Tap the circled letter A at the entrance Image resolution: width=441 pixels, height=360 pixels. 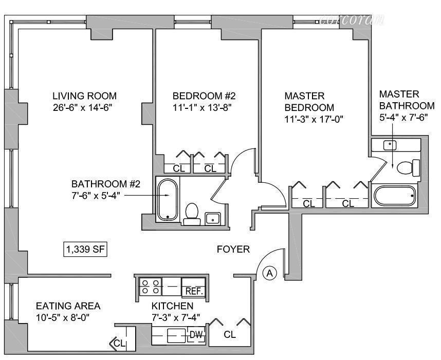click(270, 274)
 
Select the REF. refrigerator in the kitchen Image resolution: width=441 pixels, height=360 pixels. click(194, 290)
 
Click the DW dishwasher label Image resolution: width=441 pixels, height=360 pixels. click(196, 335)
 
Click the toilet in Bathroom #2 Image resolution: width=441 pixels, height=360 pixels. click(192, 214)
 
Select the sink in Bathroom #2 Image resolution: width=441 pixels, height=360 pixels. click(213, 219)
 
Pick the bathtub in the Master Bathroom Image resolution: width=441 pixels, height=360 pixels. click(395, 196)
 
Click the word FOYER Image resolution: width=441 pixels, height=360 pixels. click(233, 250)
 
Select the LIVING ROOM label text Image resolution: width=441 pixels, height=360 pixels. click(85, 96)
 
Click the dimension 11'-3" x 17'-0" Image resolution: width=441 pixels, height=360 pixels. click(314, 119)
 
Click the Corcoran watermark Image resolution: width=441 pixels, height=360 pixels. click(352, 21)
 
